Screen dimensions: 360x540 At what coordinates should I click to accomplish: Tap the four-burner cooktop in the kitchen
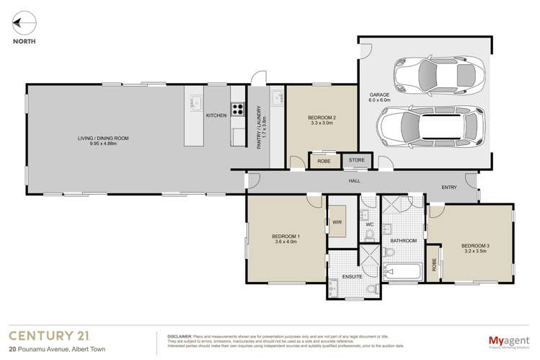237,110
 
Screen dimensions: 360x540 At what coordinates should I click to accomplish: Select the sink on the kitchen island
194,101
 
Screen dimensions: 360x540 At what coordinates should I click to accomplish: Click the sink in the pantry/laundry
276,98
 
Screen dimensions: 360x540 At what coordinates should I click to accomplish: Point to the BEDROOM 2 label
322,118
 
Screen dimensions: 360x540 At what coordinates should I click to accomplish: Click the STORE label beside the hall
357,160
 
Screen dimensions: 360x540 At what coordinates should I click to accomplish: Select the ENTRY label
449,188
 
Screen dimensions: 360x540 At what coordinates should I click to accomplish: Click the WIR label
337,221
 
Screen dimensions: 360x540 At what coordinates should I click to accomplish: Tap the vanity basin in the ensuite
333,287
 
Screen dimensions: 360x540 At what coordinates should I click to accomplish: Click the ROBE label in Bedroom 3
435,265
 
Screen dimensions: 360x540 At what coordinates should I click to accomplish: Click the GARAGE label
379,95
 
